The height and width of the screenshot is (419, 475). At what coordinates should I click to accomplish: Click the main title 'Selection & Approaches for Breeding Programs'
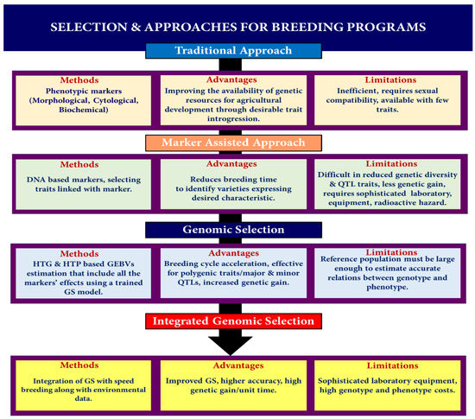(x=237, y=27)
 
